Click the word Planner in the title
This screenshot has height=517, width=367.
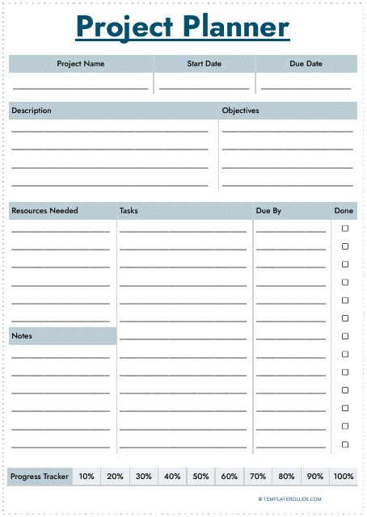(235, 27)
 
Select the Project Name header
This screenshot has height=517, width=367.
(80, 63)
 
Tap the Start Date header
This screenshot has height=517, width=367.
(204, 63)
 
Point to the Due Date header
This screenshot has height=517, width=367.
(306, 63)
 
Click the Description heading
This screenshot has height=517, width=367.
(32, 111)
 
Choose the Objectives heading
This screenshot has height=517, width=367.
(240, 111)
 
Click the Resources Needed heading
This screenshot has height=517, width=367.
(45, 211)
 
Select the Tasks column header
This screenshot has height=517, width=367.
(129, 211)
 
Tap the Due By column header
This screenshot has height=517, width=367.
(268, 211)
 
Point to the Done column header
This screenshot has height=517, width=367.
(344, 211)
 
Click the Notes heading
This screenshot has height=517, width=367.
(22, 335)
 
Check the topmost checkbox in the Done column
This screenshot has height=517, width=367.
(345, 229)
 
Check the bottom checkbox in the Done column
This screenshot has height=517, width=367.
(345, 444)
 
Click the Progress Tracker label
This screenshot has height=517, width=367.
(40, 477)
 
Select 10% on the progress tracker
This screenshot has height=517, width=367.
(86, 477)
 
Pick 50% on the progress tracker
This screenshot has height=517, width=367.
(200, 477)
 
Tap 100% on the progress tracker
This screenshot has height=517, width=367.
(344, 477)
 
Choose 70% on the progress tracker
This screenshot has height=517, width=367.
(258, 477)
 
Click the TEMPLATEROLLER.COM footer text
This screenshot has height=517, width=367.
(290, 499)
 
